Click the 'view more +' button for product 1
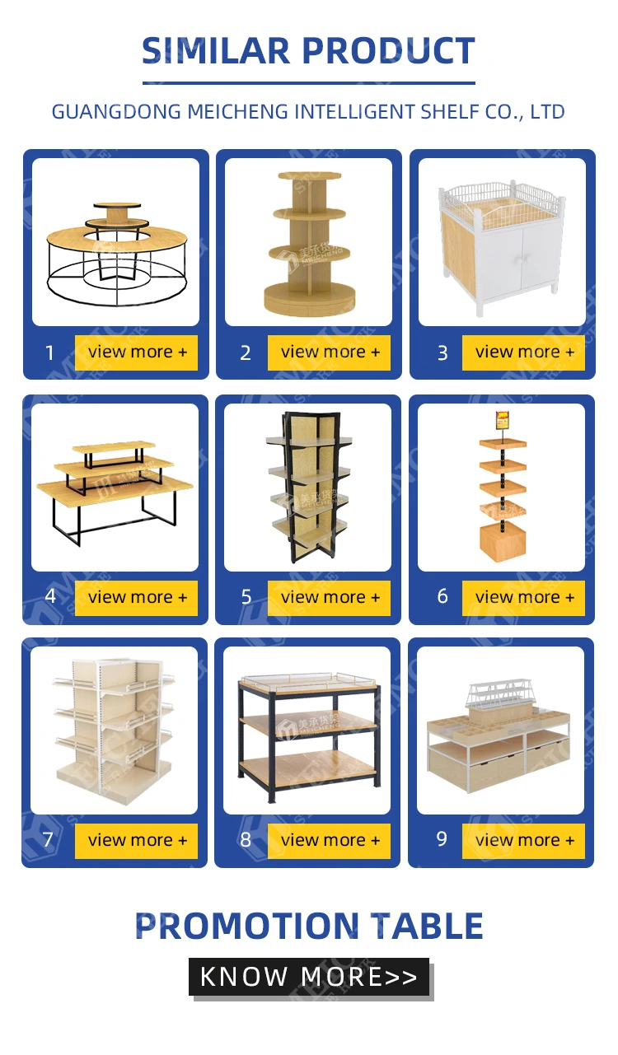[137, 352]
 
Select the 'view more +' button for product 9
[524, 841]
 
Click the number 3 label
[442, 353]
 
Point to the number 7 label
[48, 840]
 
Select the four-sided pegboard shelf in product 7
[113, 729]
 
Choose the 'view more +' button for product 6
[524, 598]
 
